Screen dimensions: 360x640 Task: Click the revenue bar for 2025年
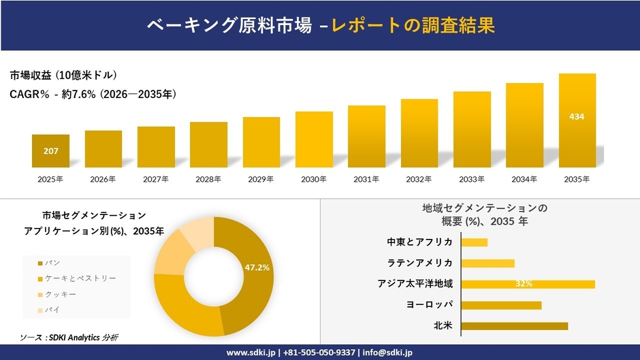coord(50,151)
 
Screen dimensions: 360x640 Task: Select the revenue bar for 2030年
coord(314,140)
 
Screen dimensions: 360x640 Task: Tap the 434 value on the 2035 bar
coord(577,117)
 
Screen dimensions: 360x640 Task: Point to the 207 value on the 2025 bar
coord(50,150)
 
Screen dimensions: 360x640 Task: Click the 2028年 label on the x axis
coord(208,180)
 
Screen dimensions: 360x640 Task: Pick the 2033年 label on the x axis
coord(472,180)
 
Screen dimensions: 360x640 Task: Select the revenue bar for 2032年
coord(419,133)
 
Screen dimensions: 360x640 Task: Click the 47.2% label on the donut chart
coord(257,267)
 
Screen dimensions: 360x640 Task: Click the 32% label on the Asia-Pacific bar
coord(524,284)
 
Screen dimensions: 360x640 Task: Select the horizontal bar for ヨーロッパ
coord(502,305)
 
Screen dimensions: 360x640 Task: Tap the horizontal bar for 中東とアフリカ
coord(475,242)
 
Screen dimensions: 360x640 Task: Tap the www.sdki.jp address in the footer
coord(251,353)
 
